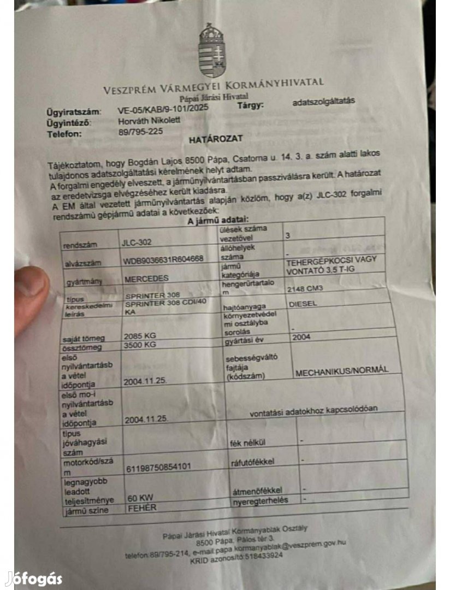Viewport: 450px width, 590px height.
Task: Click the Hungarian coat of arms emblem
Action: pos(212,50)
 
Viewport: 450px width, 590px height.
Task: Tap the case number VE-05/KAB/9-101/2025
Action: pos(163,110)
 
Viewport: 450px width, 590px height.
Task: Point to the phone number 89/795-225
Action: pos(140,133)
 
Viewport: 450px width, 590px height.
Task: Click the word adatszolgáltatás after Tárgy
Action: pos(324,101)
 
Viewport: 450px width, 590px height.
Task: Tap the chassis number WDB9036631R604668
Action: pos(164,259)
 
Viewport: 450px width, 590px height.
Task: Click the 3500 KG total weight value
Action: pos(140,345)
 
